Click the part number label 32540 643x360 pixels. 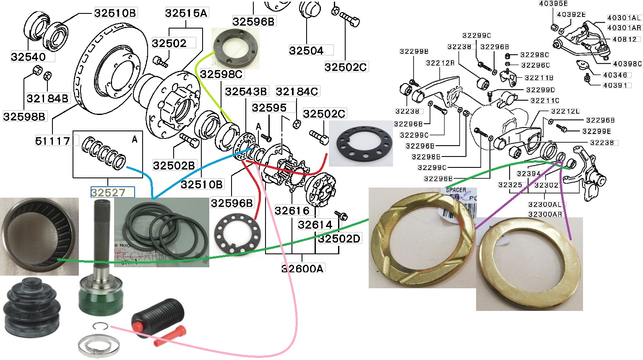pos(28,57)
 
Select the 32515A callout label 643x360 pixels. pos(186,13)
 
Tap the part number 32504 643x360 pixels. pos(306,51)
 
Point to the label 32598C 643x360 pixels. pos(221,74)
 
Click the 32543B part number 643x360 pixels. pos(246,91)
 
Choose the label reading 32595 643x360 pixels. pos(269,108)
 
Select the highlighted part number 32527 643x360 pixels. pos(108,193)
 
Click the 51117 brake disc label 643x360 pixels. pos(52,141)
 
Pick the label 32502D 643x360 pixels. pos(339,239)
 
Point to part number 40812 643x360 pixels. pos(625,39)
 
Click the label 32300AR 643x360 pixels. pos(545,214)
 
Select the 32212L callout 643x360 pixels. pos(565,111)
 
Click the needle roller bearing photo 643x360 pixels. pos(39,236)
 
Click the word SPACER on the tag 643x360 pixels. pos(456,190)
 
